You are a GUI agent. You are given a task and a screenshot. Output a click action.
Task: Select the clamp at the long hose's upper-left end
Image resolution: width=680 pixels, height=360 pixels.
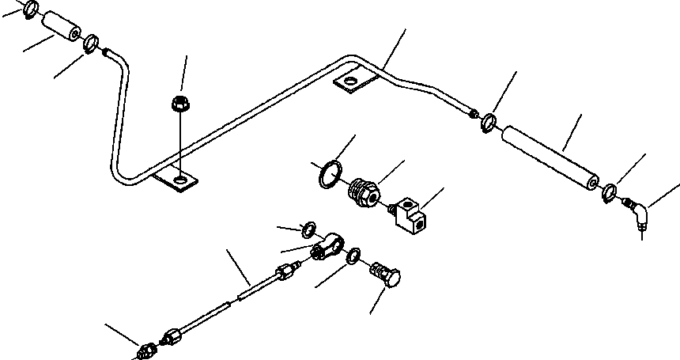pos(489,123)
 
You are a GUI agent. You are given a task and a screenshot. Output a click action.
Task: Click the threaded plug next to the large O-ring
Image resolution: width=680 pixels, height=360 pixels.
pos(364,192)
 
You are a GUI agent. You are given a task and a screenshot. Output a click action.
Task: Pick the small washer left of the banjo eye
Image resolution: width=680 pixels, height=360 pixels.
pos(309,231)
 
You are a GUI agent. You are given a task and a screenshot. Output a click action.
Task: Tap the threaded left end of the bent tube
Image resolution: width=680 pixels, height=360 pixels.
pos(107,52)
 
